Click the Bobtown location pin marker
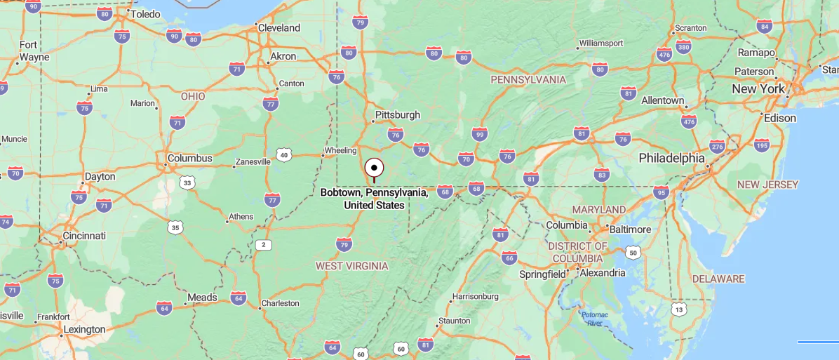pos(375,168)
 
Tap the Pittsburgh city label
pos(397,114)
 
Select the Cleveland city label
pos(278,28)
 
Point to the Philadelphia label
pos(671,158)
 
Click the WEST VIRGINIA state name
pos(351,265)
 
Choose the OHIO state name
pos(193,96)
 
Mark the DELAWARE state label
pos(718,279)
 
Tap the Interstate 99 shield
pos(480,133)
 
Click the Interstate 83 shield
pos(601,174)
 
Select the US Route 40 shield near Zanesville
pos(283,154)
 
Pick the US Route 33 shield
pos(187,182)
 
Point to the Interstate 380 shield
pos(683,48)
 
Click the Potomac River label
pos(594,319)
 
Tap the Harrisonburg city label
pos(475,296)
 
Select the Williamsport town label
pos(600,44)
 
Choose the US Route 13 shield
pos(678,309)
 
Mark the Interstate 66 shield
pos(509,258)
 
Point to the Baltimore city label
pos(630,229)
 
